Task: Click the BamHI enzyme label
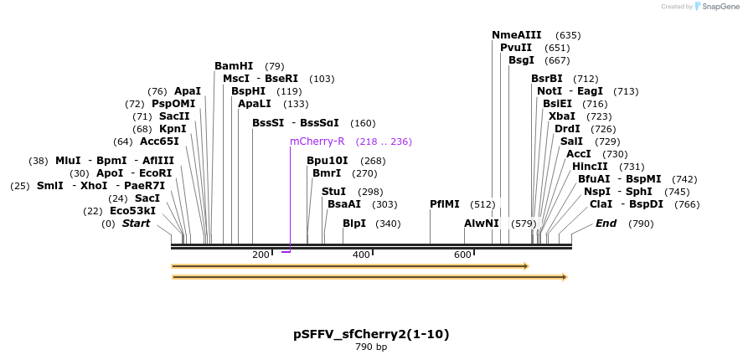click(234, 66)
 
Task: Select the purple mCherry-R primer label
click(317, 141)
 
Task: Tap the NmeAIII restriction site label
click(516, 35)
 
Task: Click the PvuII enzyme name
click(516, 48)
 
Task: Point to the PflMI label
click(445, 204)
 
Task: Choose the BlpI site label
click(354, 224)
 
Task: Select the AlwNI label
click(482, 224)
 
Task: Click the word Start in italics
click(137, 224)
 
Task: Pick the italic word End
click(606, 224)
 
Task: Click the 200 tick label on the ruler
click(260, 255)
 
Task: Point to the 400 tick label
click(361, 255)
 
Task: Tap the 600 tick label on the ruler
click(462, 255)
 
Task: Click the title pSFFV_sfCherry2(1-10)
click(371, 334)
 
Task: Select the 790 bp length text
click(371, 347)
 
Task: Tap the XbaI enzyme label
click(562, 116)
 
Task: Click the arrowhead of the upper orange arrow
click(525, 266)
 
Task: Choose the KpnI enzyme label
click(173, 129)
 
